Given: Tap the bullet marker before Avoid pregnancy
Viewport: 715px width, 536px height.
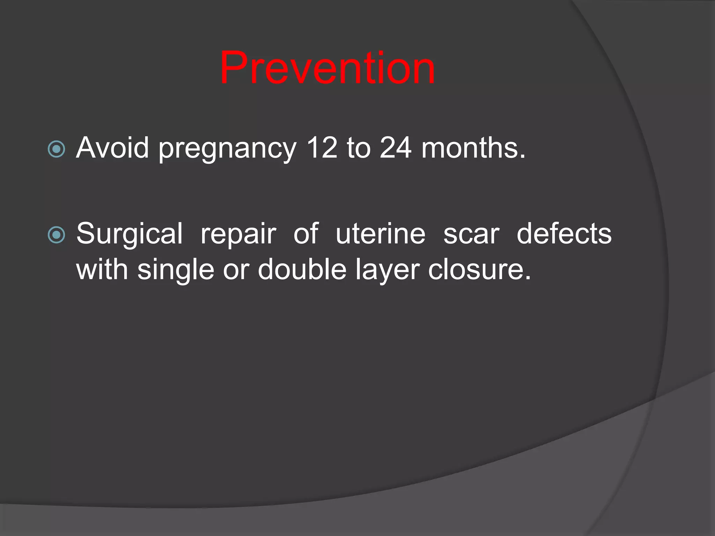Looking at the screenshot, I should coord(56,149).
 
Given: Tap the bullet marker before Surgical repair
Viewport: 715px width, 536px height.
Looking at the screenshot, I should coord(56,235).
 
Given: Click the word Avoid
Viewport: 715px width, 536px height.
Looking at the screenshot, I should coord(112,148).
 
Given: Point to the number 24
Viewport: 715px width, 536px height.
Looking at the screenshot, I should coord(396,148).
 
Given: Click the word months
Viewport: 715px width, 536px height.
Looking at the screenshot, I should coord(473,148).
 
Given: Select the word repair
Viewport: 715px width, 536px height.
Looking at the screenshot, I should coord(238,234).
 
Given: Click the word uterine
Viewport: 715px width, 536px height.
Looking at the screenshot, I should coord(381,234).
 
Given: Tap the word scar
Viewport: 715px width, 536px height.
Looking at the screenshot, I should coord(471,234).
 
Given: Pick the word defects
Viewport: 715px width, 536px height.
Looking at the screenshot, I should coord(564,234).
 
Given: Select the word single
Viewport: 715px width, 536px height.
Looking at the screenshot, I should coord(176,271).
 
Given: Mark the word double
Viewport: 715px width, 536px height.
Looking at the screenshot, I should coord(302,269).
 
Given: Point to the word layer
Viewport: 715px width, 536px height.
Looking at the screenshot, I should coord(388,271).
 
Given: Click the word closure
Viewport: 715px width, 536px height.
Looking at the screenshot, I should coord(479,269).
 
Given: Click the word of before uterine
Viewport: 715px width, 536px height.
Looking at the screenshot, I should coord(306,234).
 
